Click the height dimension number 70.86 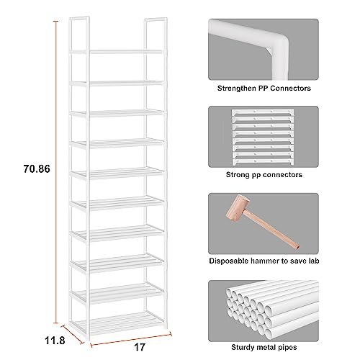click(37, 168)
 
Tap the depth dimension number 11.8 click(55, 341)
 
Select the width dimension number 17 click(140, 347)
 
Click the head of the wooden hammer click(237, 208)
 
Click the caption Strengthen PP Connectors click(264, 89)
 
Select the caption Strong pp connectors click(264, 174)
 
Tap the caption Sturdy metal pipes click(264, 347)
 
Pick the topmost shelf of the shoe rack click(117, 52)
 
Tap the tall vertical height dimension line click(55, 172)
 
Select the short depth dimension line click(73, 335)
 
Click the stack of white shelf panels click(263, 137)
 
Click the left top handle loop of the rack click(79, 34)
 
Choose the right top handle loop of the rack click(156, 34)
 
